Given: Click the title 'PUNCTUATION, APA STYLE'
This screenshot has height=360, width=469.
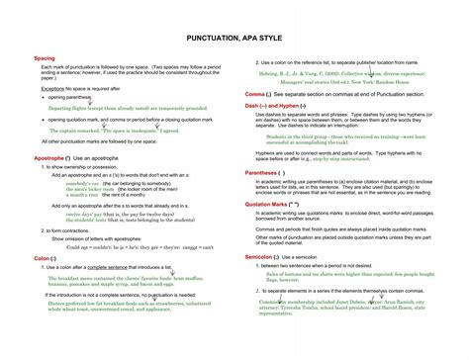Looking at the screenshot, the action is tap(234, 38).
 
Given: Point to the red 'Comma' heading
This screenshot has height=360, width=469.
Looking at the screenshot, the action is tap(259, 94).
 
